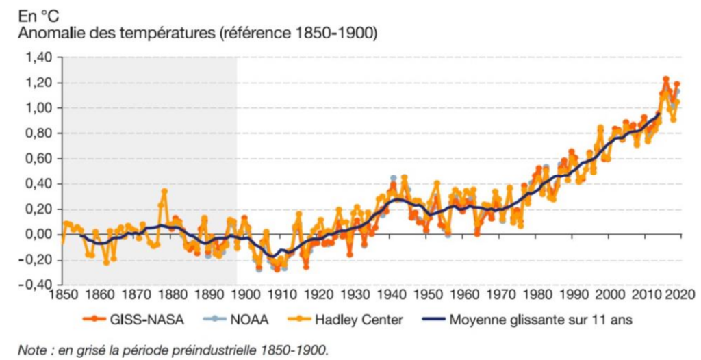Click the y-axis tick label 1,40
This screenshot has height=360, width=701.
[x=38, y=57]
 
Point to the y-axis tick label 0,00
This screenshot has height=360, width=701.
[x=38, y=235]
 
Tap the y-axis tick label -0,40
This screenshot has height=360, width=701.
[x=36, y=285]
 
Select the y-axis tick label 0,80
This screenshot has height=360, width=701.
[x=38, y=133]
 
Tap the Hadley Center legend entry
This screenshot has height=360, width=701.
[x=356, y=319]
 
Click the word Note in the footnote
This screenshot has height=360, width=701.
[x=31, y=350]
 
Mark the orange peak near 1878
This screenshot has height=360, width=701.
[x=164, y=191]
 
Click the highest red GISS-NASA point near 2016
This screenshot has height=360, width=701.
[x=665, y=79]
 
